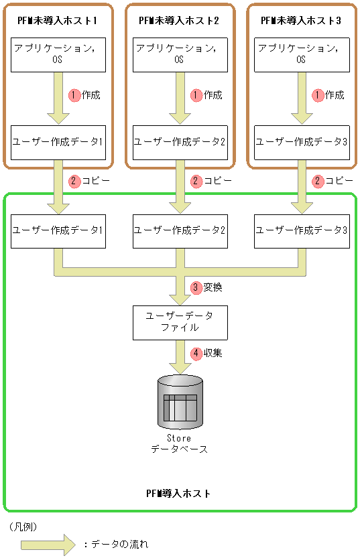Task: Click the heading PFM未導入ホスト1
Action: click(58, 21)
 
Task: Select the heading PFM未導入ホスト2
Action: click(179, 21)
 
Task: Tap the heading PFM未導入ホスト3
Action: click(301, 21)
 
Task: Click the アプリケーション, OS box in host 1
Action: click(58, 54)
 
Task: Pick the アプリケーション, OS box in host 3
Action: click(301, 54)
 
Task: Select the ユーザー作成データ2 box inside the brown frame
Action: click(179, 142)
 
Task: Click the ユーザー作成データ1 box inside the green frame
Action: click(58, 230)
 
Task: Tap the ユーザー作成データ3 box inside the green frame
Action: click(301, 230)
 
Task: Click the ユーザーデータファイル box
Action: click(179, 322)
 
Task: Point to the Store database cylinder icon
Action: click(180, 402)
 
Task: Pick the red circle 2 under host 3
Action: click(318, 181)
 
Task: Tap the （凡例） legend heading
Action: click(23, 527)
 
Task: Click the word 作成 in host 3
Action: click(335, 95)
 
